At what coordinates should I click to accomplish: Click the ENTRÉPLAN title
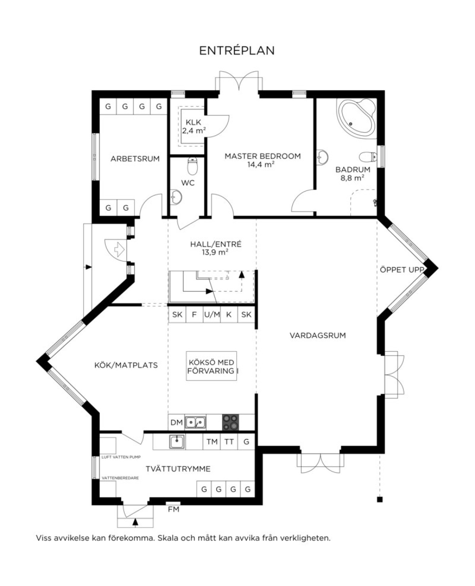coord(237,51)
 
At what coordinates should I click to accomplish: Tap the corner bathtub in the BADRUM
coord(356,118)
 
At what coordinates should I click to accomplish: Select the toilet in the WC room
coord(192,166)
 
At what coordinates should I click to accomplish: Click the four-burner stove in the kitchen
coord(230,422)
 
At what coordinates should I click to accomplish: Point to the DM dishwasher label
coord(177,422)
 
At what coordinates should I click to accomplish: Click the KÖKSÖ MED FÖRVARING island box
coord(211,366)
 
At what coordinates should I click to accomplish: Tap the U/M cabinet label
coord(212,314)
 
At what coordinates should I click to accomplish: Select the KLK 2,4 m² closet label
coord(194,126)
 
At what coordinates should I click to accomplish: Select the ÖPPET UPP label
coord(401,270)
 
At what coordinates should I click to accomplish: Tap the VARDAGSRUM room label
coord(317,336)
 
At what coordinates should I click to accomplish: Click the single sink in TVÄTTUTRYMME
coord(177,442)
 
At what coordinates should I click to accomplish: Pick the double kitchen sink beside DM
coord(195,422)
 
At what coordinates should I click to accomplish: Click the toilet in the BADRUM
coord(368,157)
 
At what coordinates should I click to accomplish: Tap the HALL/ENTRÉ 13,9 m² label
coord(216,248)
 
